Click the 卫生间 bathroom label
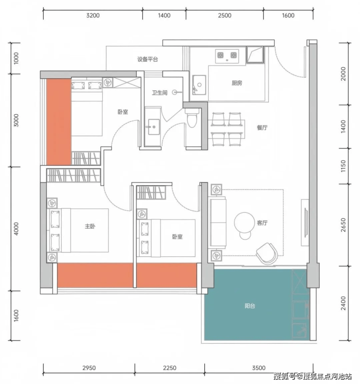(x=160, y=93)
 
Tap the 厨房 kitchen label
(x=237, y=83)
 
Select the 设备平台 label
(x=147, y=59)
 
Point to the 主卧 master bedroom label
(x=90, y=226)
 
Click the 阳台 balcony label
(x=250, y=306)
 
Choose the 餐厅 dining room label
(x=262, y=128)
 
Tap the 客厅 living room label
(x=262, y=222)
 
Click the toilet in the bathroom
(x=192, y=118)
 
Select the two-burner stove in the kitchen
(x=227, y=56)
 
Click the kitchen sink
(x=199, y=85)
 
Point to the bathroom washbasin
(x=153, y=127)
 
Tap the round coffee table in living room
(x=245, y=222)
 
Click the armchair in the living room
(x=267, y=254)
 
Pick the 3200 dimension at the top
(x=93, y=16)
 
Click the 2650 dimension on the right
(x=343, y=225)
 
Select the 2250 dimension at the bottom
(x=170, y=367)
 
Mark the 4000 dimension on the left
(x=16, y=229)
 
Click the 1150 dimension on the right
(x=343, y=166)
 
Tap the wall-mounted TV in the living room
(x=306, y=222)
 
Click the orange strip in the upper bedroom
(x=59, y=122)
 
